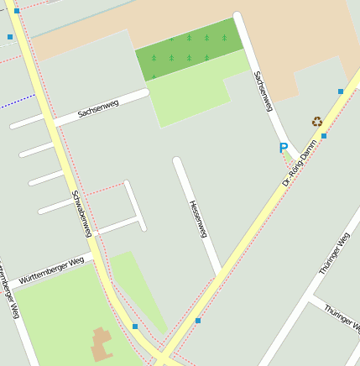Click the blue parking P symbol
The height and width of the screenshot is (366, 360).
[x=284, y=148]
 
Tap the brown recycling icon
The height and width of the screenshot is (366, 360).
[x=316, y=122]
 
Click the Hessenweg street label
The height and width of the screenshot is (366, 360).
[x=197, y=218]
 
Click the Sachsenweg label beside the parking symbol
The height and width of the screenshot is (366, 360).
[x=263, y=91]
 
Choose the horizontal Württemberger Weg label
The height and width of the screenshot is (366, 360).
[x=51, y=269]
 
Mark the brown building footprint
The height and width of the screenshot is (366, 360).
[x=102, y=344]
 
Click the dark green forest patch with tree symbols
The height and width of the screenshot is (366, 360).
[x=189, y=49]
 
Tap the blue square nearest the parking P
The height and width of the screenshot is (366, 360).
[x=324, y=135]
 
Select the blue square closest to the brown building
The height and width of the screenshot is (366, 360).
[x=135, y=327]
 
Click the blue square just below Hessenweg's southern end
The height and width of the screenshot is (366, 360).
[x=198, y=321]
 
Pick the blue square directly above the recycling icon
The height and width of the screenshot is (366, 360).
[x=341, y=91]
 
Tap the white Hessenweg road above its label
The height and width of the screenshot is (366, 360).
[x=183, y=178]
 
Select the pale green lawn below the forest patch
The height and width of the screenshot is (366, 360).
[x=189, y=92]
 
